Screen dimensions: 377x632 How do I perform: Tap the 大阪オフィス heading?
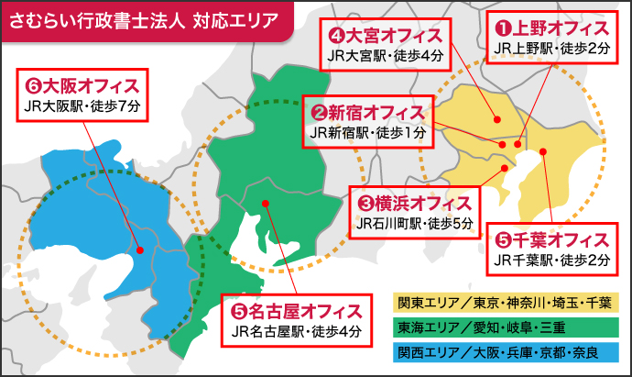coord(85,86)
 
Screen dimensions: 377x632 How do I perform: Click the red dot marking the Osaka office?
coord(139,249)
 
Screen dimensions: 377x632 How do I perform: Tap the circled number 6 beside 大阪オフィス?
coord(33,86)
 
